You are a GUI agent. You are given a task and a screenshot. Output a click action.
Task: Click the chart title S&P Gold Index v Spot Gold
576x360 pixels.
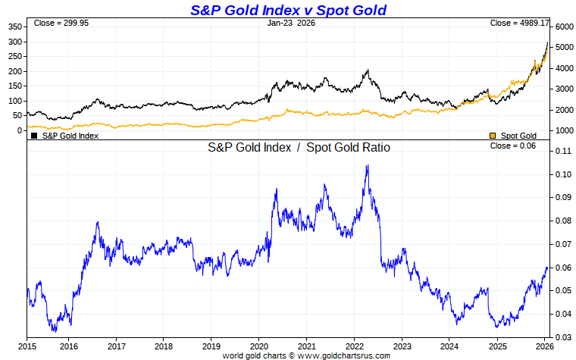pos(287,10)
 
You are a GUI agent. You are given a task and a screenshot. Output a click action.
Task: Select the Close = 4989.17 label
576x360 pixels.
pos(518,23)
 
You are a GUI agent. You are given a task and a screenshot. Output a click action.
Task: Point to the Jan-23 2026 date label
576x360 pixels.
pos(292,23)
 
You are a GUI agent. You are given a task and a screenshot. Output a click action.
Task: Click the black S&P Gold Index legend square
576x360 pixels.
pos(34,136)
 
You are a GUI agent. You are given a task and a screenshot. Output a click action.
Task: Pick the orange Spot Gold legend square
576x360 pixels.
pos(493,136)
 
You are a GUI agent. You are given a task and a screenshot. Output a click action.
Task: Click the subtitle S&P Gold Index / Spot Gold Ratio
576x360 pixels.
pos(299,148)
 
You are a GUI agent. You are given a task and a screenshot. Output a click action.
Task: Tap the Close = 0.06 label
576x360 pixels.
pos(513,146)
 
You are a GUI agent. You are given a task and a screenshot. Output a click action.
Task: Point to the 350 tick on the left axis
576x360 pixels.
pos(15,27)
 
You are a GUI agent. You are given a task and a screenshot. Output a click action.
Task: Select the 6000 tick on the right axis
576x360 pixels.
pos(563,27)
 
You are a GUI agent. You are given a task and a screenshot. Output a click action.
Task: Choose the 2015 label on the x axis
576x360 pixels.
pos(27,346)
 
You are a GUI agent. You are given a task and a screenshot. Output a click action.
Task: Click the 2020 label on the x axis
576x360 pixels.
pos(258,346)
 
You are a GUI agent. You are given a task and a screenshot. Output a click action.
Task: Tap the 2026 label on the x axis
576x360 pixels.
pos(544,346)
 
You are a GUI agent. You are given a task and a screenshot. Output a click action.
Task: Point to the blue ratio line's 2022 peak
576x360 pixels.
pos(368,166)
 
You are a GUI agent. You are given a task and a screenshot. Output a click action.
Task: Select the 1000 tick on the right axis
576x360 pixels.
pos(563,130)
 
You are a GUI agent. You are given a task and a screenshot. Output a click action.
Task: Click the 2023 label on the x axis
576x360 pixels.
pos(402,346)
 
